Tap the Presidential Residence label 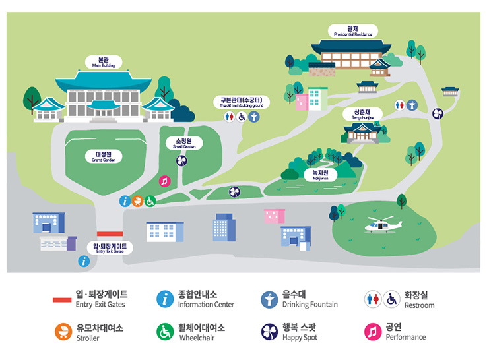coord(353,31)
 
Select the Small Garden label coord(183,143)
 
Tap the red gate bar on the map coord(110,233)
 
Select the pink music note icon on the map coord(165,181)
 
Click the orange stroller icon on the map coord(138,201)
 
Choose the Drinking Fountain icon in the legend coord(269,299)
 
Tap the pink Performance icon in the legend coord(374,332)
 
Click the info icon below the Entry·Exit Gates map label coord(84,261)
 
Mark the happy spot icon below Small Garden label coord(181,160)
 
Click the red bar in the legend coord(62,300)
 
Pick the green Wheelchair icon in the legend coord(166,332)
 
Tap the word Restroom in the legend coord(420,305)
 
